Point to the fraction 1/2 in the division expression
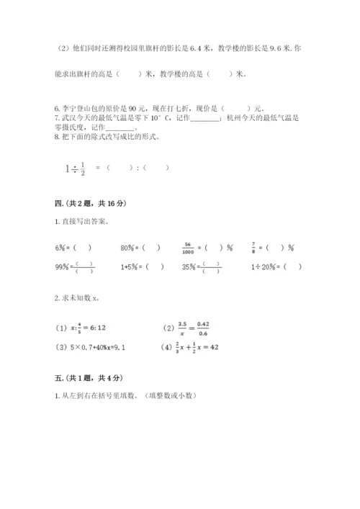(82, 168)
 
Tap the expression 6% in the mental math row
(60, 248)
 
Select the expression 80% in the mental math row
(129, 248)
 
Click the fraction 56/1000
(190, 248)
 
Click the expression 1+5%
(130, 266)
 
